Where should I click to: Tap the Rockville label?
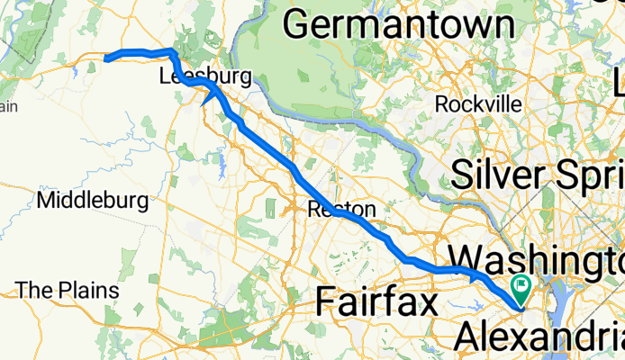coord(477,103)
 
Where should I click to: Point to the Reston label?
coord(341,210)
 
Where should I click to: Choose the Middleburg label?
coord(94,199)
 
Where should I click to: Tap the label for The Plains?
coord(68,291)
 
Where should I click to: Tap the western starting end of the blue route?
coord(106,59)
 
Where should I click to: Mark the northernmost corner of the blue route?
coord(173,50)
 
